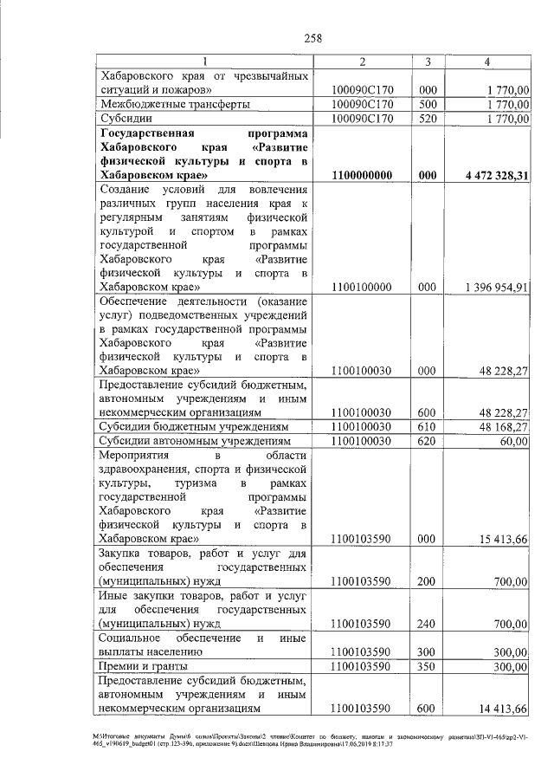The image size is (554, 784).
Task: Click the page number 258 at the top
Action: pos(312,37)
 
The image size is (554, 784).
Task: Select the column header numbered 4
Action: pos(488,62)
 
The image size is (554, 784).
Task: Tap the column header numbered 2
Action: pos(364,62)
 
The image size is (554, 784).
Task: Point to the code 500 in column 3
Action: pos(428,104)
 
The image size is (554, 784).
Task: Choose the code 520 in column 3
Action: pos(428,119)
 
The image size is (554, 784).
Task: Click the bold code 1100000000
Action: pos(364,176)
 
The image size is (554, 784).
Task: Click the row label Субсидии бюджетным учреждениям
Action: pos(191,426)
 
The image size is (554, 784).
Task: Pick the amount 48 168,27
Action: pos(500,426)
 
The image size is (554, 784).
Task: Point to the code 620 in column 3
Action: pos(428,441)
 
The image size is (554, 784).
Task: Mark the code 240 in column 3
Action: pos(428,623)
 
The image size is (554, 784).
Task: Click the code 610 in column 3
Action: pos(428,426)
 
